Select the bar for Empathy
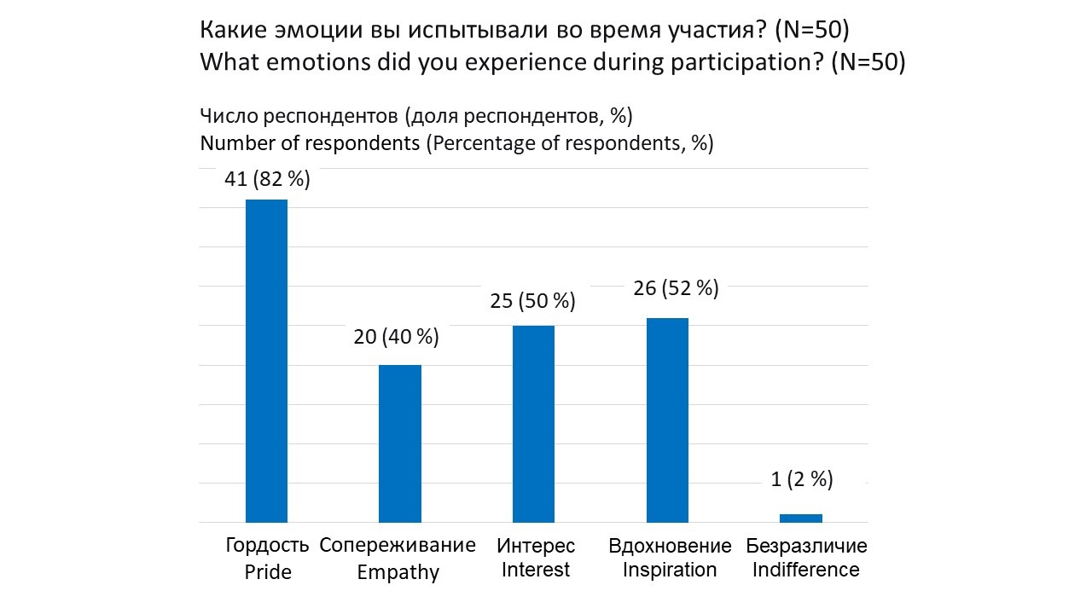pyautogui.click(x=400, y=443)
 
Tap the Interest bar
pyautogui.click(x=533, y=424)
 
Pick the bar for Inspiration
pyautogui.click(x=667, y=420)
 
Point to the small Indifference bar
pyautogui.click(x=801, y=518)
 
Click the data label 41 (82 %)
pyautogui.click(x=267, y=180)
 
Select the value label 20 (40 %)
pyautogui.click(x=397, y=337)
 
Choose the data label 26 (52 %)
pyautogui.click(x=677, y=288)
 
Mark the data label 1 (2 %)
pyautogui.click(x=802, y=479)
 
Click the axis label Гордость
pyautogui.click(x=268, y=546)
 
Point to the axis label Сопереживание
pyautogui.click(x=398, y=546)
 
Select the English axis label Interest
pyautogui.click(x=536, y=570)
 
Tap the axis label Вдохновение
pyautogui.click(x=670, y=546)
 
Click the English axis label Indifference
pyautogui.click(x=806, y=570)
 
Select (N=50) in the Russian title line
pyautogui.click(x=811, y=31)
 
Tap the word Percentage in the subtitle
pyautogui.click(x=480, y=143)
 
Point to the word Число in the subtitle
pyautogui.click(x=225, y=116)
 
